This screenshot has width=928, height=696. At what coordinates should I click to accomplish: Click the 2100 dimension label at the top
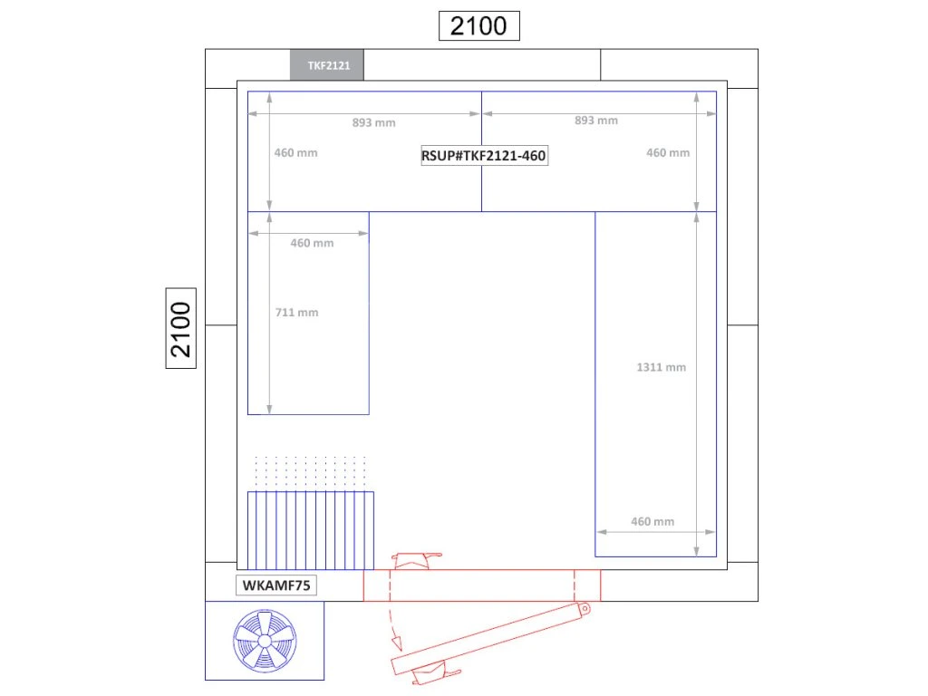coord(478,26)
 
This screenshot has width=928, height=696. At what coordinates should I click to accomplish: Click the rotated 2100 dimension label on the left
coord(180,328)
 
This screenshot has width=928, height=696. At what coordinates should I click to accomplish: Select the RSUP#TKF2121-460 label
coord(484,156)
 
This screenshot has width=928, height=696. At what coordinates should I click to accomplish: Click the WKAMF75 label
coord(276,585)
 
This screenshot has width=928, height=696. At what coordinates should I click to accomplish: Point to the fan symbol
coord(265,641)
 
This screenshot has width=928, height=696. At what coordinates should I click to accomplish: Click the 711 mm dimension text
coord(296,313)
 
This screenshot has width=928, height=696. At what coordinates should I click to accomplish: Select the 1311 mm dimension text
coord(661,367)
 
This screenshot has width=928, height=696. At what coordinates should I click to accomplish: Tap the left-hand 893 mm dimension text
coord(373,122)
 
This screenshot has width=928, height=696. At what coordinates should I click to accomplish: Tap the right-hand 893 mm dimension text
coord(596,121)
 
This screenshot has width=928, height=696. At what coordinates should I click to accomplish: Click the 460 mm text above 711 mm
coord(312,243)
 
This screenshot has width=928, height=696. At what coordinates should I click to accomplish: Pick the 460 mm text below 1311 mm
coord(652,521)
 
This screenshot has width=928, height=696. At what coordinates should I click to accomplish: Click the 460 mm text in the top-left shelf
coord(295,152)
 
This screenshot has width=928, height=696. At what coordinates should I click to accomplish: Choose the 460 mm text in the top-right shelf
coord(668,152)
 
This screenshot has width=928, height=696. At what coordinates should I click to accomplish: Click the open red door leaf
coord(490,639)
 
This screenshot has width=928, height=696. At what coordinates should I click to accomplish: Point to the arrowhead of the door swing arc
coord(397,643)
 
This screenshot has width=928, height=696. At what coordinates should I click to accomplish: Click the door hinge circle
coord(585,608)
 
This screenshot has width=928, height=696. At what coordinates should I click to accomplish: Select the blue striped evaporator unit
coord(311,530)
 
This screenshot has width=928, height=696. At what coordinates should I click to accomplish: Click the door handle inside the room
coord(417,560)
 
